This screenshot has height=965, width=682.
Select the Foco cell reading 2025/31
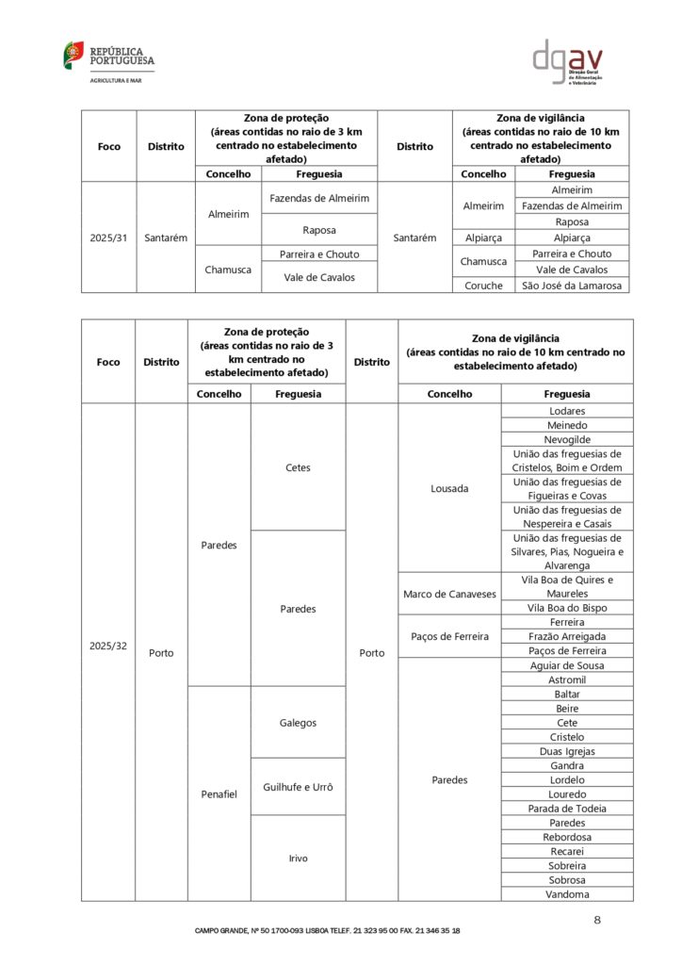[x=108, y=237]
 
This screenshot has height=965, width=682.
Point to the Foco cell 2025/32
[x=108, y=646]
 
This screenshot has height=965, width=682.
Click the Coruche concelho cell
[x=484, y=285]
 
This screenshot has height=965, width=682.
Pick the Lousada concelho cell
[x=449, y=488]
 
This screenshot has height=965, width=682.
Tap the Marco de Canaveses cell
[x=449, y=594]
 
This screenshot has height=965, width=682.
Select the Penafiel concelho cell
[x=219, y=793]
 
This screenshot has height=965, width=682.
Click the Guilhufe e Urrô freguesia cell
[x=298, y=787]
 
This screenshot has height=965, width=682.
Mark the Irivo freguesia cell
[x=298, y=858]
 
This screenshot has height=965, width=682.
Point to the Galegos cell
[x=298, y=723]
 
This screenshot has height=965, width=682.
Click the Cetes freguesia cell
[x=298, y=467]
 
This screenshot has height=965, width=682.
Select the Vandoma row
[x=567, y=894]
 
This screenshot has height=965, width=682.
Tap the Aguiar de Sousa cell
[x=567, y=665]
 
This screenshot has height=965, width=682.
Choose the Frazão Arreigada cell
[x=567, y=637]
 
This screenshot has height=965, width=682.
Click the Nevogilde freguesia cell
[x=567, y=439]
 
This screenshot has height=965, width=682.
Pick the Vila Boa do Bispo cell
[x=567, y=608]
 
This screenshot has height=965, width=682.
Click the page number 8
[x=597, y=919]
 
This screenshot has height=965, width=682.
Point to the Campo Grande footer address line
[x=328, y=930]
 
